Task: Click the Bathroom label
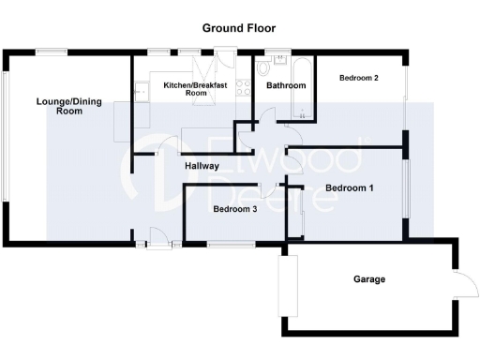286,85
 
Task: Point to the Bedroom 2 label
359,78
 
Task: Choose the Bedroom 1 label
350,188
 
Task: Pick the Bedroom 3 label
234,209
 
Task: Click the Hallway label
202,166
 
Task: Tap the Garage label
369,279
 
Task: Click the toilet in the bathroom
264,69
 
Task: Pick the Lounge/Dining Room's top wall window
49,51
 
